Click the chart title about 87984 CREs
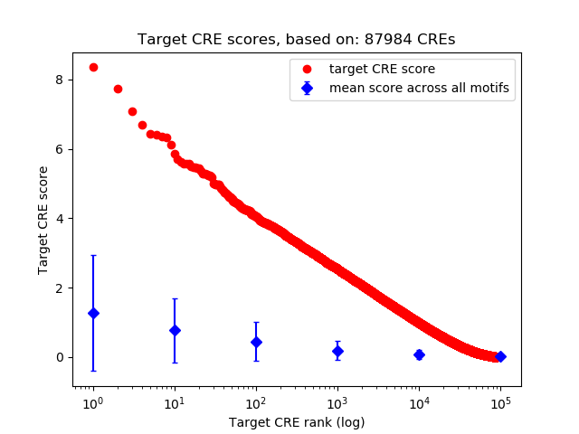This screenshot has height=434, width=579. tap(296, 40)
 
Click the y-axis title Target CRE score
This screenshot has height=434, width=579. tap(43, 220)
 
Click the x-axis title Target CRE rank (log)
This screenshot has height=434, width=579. tap(297, 422)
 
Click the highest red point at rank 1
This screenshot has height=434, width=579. tap(93, 67)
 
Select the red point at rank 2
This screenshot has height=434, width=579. tap(118, 89)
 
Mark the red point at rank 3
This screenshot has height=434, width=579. tap(132, 111)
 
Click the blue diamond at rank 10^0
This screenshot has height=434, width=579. tap(93, 313)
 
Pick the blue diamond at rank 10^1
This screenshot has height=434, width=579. tap(175, 330)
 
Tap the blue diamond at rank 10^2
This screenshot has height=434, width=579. tap(256, 342)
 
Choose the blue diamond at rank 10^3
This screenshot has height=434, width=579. tap(337, 351)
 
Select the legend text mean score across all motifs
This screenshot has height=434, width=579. tap(419, 88)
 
